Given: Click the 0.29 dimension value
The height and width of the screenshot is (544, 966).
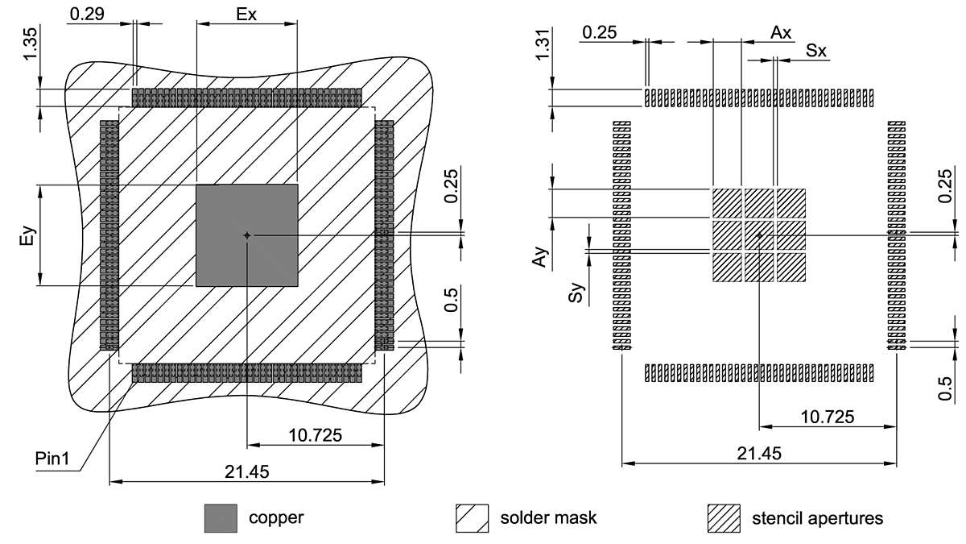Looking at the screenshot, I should point(86,14).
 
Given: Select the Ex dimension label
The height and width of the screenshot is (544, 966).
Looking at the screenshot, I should point(247,14).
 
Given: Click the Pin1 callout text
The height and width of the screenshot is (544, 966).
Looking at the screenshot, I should point(53,460).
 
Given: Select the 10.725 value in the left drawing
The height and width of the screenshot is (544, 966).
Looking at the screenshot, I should point(313,435).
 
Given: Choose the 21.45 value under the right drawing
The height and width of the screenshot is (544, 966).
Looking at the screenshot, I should point(758,453).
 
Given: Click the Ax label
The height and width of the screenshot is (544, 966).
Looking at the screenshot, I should point(781,32).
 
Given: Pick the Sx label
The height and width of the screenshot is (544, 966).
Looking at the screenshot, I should point(815,51).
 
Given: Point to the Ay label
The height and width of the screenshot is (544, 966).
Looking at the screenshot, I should point(544,257).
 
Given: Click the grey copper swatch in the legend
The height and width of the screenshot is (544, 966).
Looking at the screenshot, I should point(221,518).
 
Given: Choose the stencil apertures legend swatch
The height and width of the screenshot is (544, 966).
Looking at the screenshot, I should point(723,518).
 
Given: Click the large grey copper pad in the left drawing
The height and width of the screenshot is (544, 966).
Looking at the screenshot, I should point(247,235).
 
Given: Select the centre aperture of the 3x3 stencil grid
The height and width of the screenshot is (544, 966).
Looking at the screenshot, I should point(758,235).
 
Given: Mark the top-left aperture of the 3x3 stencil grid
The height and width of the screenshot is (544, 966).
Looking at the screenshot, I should point(726,203).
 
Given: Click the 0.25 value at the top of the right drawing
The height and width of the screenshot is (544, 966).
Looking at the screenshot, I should point(600,32).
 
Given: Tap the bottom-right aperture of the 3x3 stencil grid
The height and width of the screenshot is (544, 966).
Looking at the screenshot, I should point(791,268).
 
